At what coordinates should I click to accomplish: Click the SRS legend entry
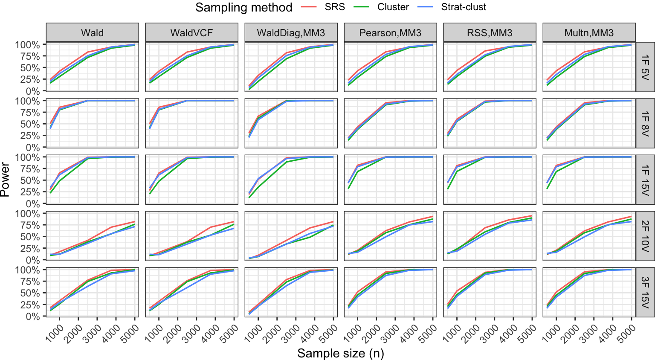[x=334, y=7]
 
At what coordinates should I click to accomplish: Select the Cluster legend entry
[x=393, y=7]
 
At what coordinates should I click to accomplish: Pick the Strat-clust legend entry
[x=463, y=7]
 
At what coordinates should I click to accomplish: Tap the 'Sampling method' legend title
[x=243, y=7]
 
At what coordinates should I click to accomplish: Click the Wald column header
[x=93, y=33]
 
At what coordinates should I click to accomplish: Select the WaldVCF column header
[x=191, y=33]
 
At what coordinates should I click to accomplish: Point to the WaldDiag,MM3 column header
[x=291, y=33]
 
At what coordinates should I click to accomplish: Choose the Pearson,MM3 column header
[x=390, y=33]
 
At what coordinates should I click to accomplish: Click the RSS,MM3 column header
[x=490, y=33]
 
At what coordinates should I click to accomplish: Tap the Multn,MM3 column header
[x=589, y=33]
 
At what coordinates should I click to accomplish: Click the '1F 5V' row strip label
[x=645, y=67]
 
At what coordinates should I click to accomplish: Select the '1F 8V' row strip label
[x=645, y=123]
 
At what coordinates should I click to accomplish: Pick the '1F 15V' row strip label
[x=645, y=180]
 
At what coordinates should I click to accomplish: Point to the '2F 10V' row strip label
[x=645, y=236]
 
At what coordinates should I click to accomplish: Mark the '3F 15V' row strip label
[x=645, y=292]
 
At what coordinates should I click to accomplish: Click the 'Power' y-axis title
[x=5, y=180]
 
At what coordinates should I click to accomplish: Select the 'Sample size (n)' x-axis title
[x=340, y=354]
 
